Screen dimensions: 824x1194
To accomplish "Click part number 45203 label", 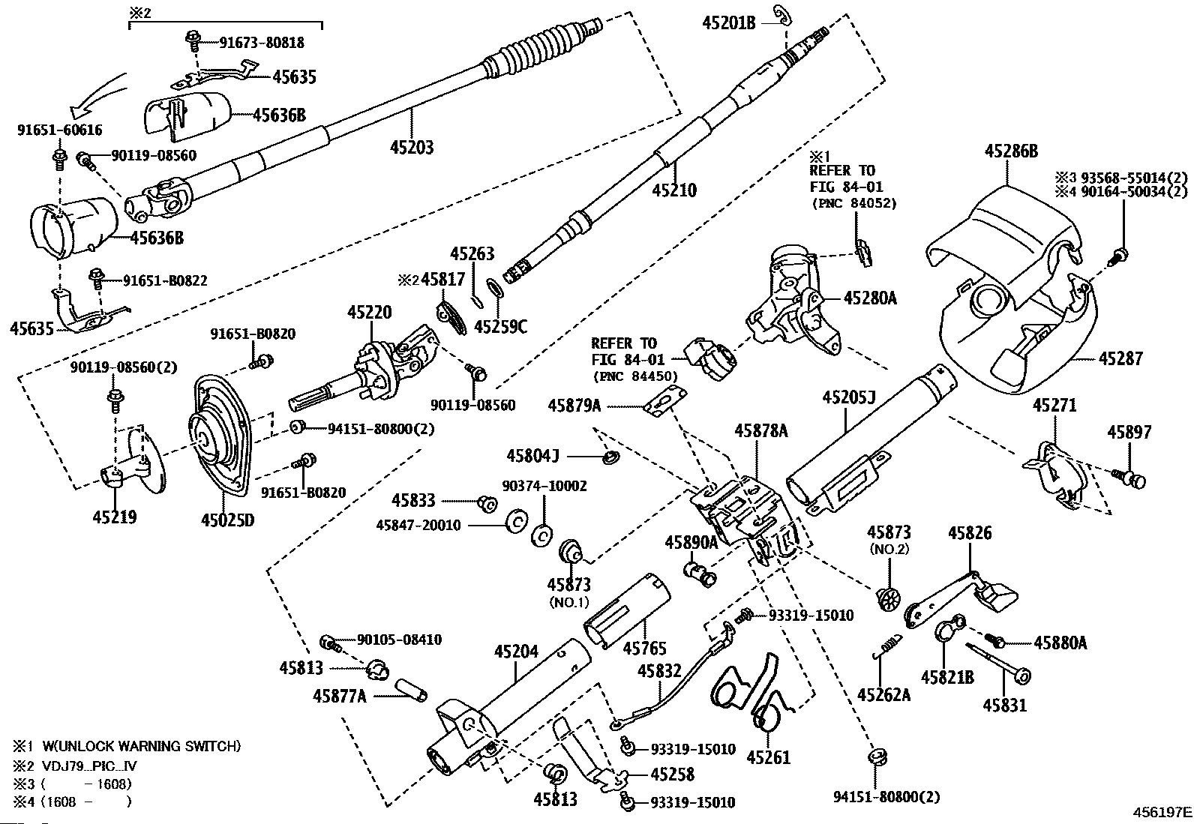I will [x=412, y=146].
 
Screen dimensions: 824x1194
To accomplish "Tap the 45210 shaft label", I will [x=673, y=190].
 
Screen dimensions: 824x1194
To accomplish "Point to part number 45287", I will [x=1120, y=358].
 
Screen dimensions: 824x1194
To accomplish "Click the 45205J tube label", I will [x=849, y=397].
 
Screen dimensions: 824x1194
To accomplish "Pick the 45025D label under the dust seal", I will [x=227, y=519].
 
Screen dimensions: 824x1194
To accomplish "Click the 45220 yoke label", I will [x=369, y=313].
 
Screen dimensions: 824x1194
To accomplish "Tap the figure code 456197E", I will [x=1162, y=811].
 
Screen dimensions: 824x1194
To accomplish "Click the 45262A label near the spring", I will [x=883, y=694].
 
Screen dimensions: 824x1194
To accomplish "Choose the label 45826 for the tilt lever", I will [x=969, y=533].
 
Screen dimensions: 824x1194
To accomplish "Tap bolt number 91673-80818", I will [x=262, y=43].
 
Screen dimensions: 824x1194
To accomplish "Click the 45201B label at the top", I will [x=729, y=23].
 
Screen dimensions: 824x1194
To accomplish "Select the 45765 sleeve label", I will [x=644, y=647].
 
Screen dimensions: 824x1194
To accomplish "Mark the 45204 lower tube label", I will [x=516, y=651].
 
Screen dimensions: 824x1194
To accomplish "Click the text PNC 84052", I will [x=854, y=202].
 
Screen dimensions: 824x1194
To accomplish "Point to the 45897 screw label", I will [x=1129, y=432].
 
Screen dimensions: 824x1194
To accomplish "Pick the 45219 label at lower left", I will [x=115, y=517].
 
